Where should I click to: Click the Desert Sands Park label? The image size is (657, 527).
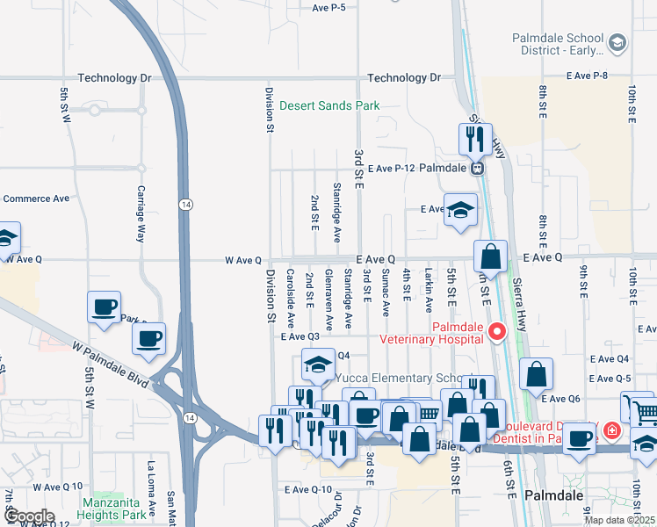point(329,106)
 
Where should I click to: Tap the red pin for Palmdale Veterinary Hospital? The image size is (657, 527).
point(497,331)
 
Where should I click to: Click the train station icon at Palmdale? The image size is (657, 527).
point(477,168)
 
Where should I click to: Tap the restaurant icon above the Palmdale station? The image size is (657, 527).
point(472,138)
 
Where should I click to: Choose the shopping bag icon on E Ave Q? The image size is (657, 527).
point(491,256)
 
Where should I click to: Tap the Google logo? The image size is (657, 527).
point(28,516)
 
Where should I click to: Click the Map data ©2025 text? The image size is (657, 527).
point(618,520)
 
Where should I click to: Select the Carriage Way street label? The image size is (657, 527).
point(141,214)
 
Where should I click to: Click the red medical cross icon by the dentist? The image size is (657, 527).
point(611,432)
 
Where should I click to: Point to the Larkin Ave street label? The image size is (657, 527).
point(429,292)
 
